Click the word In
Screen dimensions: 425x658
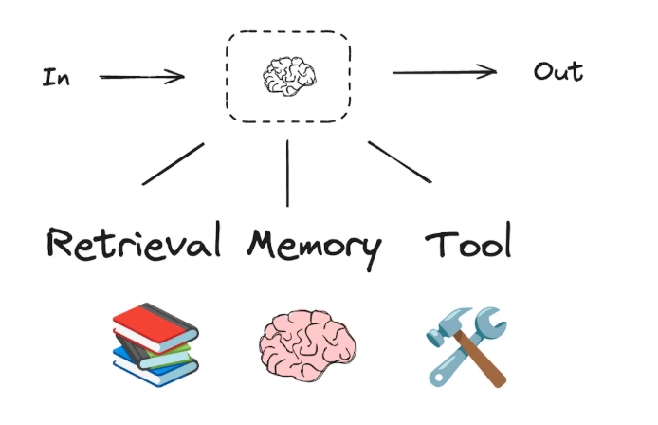tap(55, 78)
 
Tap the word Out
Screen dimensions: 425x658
tap(557, 72)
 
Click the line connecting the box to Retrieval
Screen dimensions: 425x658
tap(173, 163)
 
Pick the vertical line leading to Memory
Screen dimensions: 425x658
tap(286, 174)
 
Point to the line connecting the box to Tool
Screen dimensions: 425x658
tap(399, 161)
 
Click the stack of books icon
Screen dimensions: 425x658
tap(154, 343)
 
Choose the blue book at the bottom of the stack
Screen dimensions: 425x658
tap(147, 367)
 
